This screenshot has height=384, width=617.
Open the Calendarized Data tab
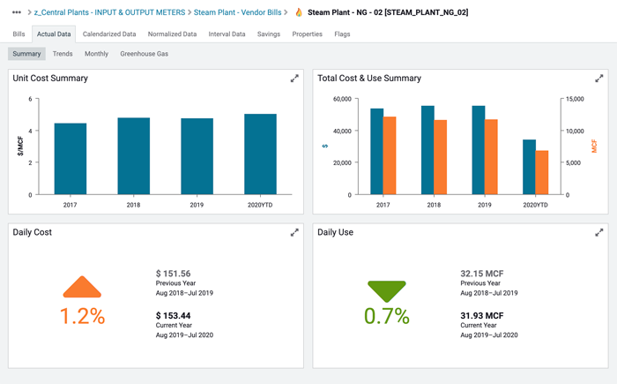pos(109,34)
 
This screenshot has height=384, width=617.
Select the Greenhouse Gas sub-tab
pos(144,54)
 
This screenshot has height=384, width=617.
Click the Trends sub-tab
pos(63,54)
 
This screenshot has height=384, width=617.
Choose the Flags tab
pos(342,34)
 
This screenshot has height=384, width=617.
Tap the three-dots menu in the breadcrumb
pos(17,12)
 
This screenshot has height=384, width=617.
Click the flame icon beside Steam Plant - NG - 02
pos(299,12)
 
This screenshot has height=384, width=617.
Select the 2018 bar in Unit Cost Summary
pos(133,156)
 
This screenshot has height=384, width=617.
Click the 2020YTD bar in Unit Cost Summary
pos(260,154)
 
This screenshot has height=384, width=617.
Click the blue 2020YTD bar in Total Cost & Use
pos(529,167)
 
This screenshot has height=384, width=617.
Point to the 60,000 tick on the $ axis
pos(341,99)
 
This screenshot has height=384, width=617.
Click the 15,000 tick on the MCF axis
pos(573,99)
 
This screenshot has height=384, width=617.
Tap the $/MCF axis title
pos(20,147)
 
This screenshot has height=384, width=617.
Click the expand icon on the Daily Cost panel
pos(294,232)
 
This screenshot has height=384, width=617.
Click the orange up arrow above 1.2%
pos(82,288)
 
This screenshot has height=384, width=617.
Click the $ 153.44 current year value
pos(174,315)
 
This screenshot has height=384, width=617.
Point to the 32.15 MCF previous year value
pos(482,274)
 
